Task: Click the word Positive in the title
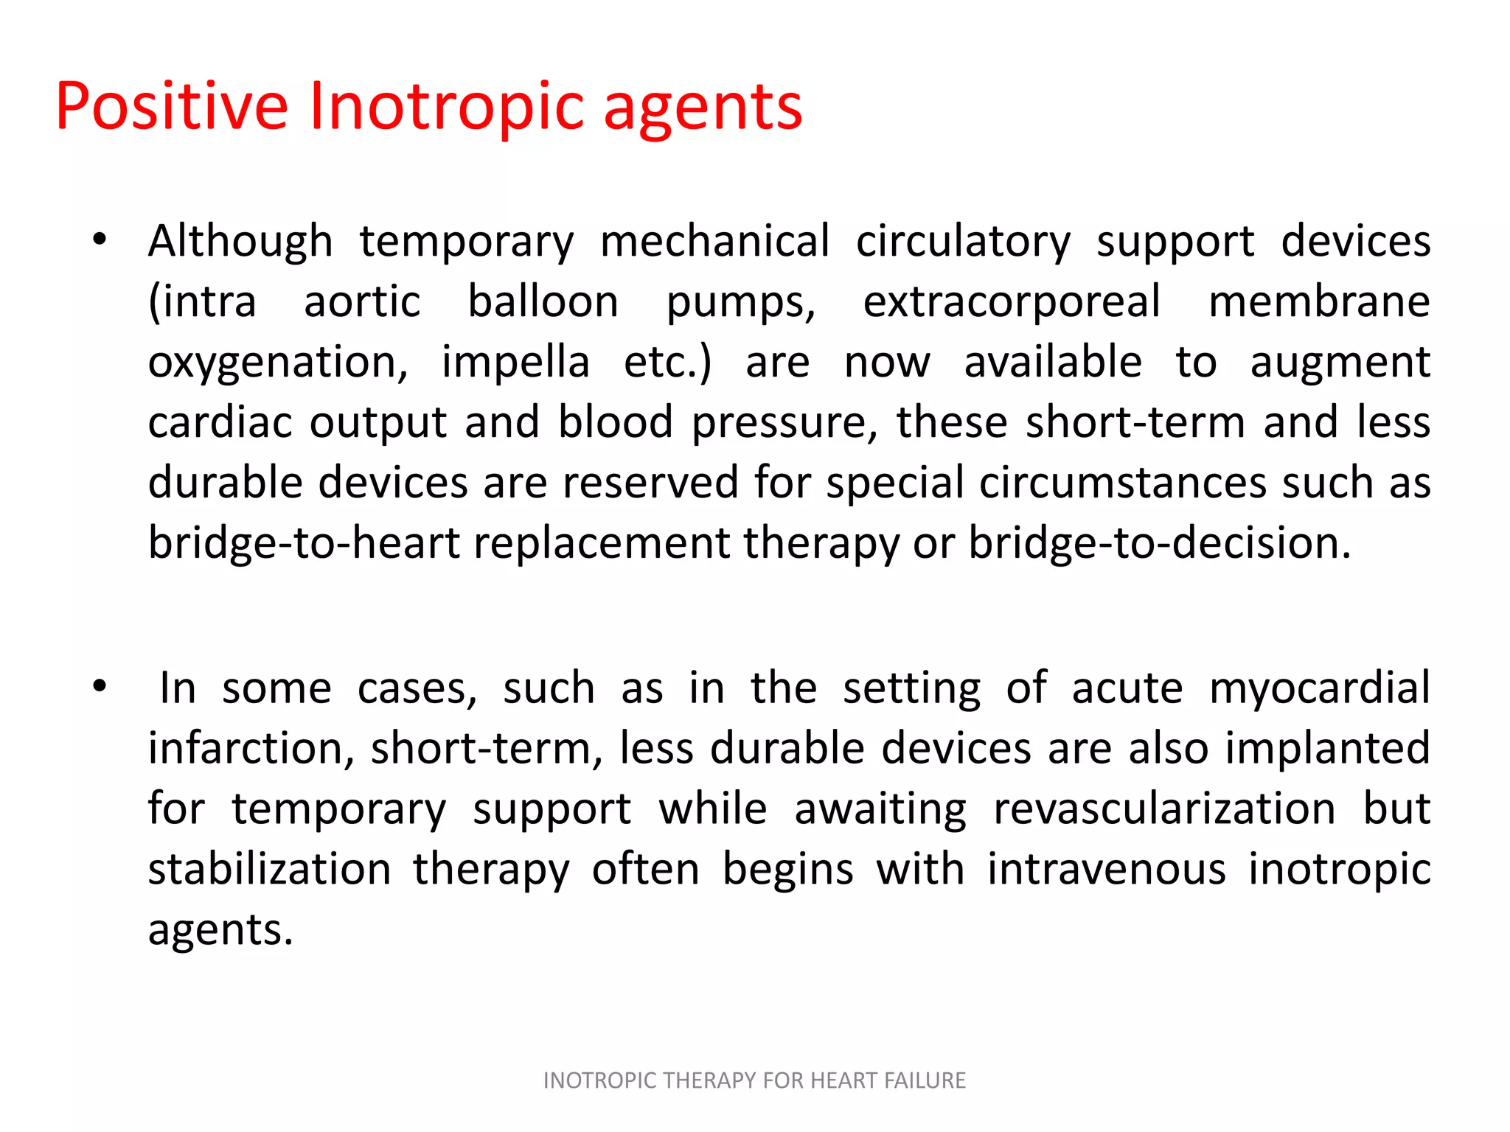[171, 108]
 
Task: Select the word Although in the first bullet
[240, 242]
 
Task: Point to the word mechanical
[714, 242]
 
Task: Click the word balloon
[543, 302]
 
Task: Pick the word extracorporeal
[1012, 302]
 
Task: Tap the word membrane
[1319, 302]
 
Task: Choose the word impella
[515, 363]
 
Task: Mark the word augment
[1340, 364]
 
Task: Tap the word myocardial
[1320, 688]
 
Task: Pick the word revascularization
[1164, 809]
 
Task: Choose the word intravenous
[1106, 870]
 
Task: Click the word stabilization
[269, 870]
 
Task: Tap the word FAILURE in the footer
[925, 1080]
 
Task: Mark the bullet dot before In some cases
[100, 687]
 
